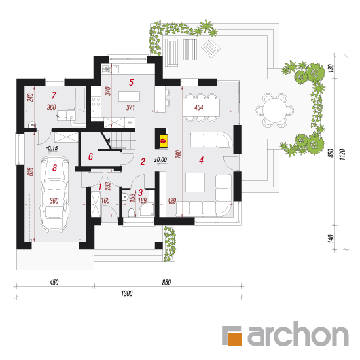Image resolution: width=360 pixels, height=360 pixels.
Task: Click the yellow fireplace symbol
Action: (164, 141)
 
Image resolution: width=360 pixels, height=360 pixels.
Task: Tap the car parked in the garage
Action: (54, 194)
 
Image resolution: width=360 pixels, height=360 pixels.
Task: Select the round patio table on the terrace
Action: (275, 110)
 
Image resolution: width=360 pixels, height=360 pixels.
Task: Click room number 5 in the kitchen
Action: (131, 82)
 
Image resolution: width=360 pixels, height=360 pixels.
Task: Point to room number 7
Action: (54, 95)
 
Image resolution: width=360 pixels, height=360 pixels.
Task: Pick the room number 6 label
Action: (91, 156)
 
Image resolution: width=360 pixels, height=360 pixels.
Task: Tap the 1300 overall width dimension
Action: (127, 293)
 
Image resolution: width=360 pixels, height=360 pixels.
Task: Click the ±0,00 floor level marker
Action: (161, 160)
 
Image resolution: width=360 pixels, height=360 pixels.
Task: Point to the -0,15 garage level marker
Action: (52, 148)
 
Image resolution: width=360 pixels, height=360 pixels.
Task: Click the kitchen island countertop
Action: (129, 96)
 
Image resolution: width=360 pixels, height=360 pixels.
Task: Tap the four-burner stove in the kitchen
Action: (96, 101)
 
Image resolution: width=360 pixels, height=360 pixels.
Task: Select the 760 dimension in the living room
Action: (179, 154)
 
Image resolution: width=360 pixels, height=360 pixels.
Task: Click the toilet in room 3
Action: (132, 212)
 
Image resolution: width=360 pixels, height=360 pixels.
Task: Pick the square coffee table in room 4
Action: (195, 183)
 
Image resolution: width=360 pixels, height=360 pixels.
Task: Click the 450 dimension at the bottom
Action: (54, 282)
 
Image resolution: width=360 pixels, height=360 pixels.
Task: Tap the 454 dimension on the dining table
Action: (198, 107)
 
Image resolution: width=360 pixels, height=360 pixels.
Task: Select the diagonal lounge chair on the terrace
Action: (211, 48)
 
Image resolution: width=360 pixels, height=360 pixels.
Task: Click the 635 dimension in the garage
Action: (31, 171)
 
